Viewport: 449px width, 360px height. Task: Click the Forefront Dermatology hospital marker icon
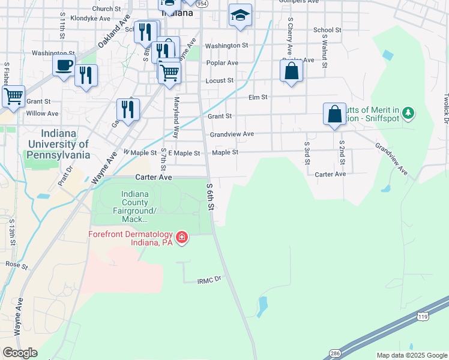(181, 238)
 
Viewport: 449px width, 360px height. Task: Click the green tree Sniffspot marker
(409, 113)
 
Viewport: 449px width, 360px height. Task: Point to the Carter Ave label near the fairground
(154, 178)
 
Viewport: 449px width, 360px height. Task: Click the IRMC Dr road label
(209, 280)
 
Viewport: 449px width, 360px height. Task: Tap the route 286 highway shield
(335, 353)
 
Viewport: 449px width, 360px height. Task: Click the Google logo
(20, 353)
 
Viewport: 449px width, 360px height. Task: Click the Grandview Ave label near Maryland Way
(232, 134)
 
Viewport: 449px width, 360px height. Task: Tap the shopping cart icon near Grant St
(13, 95)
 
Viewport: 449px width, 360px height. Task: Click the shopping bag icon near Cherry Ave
(291, 70)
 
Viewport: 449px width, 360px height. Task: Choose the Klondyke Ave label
(91, 19)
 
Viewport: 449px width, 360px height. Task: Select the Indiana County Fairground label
(139, 206)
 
